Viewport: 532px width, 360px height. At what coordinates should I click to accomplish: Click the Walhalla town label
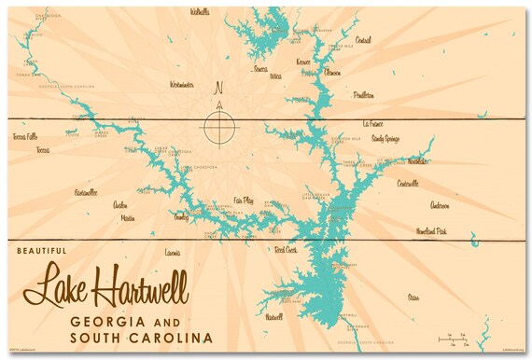(200, 13)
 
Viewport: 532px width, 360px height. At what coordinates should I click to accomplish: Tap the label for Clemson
(331, 72)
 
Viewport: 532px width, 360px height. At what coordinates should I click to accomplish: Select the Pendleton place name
(363, 94)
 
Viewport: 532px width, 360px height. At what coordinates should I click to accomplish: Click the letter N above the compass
(219, 90)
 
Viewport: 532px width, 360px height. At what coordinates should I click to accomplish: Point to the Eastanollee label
(86, 192)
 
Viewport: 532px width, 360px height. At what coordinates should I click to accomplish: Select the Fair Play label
(244, 200)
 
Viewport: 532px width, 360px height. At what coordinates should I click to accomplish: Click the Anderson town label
(439, 205)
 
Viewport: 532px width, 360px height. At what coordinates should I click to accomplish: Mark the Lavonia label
(172, 253)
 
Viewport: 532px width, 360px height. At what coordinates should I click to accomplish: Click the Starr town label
(413, 297)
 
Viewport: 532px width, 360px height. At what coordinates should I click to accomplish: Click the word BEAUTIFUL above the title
(43, 251)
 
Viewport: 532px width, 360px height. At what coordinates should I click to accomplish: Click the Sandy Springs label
(385, 138)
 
